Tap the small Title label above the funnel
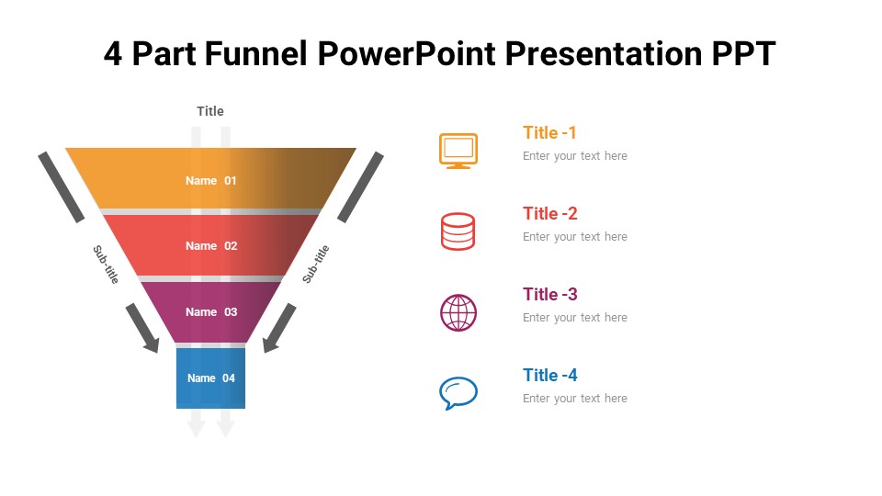(210, 111)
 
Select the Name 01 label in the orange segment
(211, 181)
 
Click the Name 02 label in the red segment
(211, 246)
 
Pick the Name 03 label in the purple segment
(211, 312)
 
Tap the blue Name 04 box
(211, 378)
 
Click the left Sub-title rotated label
(106, 264)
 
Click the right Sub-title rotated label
(316, 264)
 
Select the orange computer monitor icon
(458, 151)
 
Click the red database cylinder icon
(458, 231)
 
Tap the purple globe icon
(458, 312)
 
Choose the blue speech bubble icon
(458, 393)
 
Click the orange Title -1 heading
(549, 133)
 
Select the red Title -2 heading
(550, 214)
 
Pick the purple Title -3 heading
(550, 295)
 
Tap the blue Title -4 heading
(550, 376)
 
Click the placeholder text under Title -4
(575, 399)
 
